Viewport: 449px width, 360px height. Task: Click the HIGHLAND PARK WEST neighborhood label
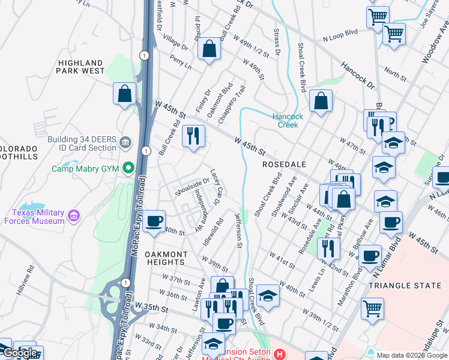pos(81,67)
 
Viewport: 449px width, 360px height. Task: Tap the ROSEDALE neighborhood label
pos(285,164)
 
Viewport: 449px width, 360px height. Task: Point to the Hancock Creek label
pos(288,121)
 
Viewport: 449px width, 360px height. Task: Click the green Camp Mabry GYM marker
pos(127,169)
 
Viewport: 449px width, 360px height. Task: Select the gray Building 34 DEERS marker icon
pos(125,143)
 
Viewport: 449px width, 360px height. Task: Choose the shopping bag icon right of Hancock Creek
pos(321,102)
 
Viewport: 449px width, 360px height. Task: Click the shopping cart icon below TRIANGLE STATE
pos(372,309)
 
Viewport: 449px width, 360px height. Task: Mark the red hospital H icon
pos(279,355)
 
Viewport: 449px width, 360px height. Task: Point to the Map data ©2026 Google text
pos(412,355)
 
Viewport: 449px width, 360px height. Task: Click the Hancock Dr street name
pos(358,74)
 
